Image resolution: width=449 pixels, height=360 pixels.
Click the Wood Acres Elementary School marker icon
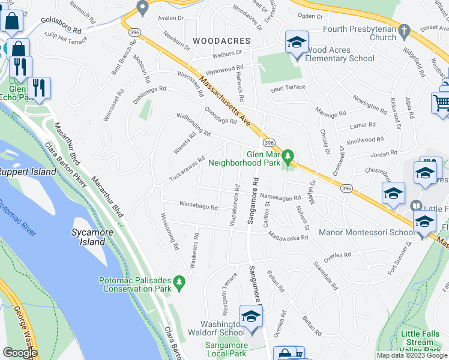click(296, 44)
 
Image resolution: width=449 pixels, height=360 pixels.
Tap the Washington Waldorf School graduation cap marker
click(251, 317)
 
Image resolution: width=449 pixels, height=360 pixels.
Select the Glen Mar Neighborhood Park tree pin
click(288, 157)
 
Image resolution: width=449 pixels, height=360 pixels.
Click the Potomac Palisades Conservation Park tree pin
click(178, 281)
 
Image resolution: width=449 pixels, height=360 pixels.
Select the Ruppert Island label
click(28, 172)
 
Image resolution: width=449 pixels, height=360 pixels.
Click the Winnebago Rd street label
click(199, 206)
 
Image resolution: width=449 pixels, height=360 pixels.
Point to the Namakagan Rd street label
click(280, 197)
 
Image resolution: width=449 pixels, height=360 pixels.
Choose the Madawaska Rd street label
click(288, 236)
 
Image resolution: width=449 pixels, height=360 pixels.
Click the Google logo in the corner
click(20, 353)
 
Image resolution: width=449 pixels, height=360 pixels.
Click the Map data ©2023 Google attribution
click(411, 355)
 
